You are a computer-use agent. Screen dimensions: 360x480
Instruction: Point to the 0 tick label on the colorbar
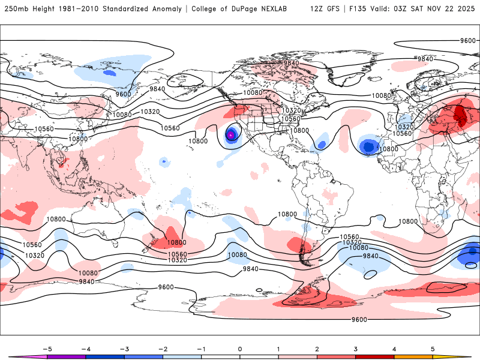click(239, 348)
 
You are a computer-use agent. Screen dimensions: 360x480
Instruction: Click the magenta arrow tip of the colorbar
click(13, 357)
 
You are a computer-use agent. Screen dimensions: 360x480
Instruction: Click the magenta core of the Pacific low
click(231, 135)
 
